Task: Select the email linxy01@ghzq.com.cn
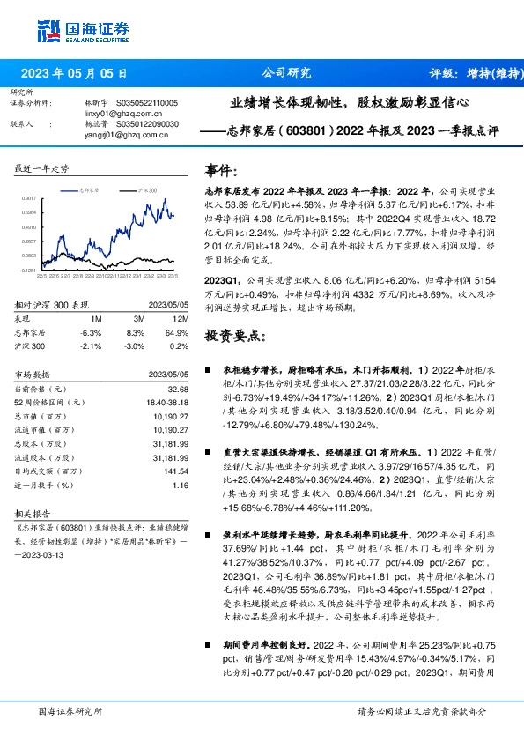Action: [111, 114]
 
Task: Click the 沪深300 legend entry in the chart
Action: [147, 189]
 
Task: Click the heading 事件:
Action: [221, 171]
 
